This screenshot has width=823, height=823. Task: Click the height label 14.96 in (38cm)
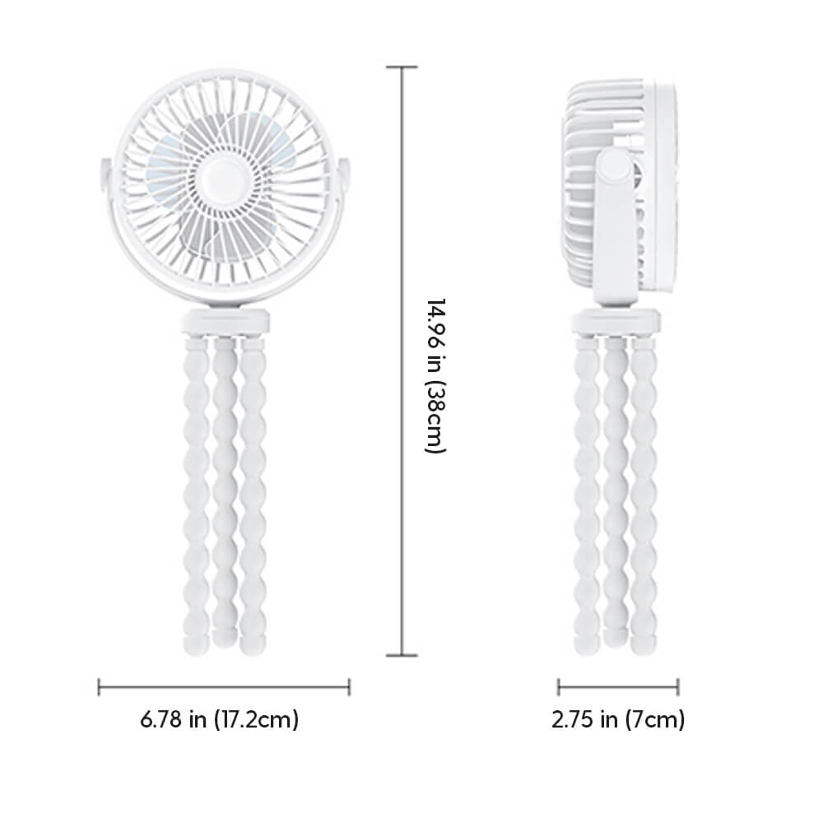(x=435, y=375)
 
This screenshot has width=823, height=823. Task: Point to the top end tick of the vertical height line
(x=402, y=67)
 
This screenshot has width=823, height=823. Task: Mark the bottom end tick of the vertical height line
(x=402, y=655)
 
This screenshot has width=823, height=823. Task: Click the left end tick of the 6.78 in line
(x=99, y=686)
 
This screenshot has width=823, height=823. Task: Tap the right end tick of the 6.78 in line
(x=349, y=686)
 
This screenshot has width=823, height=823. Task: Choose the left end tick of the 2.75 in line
(x=558, y=686)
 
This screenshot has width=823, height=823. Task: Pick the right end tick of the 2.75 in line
(x=678, y=686)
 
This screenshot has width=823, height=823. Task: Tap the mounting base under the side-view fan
(x=616, y=320)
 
